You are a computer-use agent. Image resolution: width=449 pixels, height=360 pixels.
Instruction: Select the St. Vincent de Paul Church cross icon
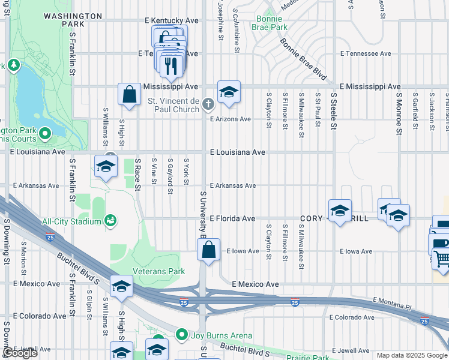[208, 105]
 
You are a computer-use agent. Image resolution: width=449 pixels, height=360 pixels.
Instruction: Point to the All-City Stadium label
[71, 221]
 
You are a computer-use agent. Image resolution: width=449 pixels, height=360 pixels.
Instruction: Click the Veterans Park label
[160, 271]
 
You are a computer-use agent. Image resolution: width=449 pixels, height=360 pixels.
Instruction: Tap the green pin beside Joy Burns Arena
[182, 335]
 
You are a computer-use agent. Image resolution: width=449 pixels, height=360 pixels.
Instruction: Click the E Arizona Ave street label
[230, 119]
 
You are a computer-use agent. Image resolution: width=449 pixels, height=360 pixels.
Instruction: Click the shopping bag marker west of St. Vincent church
[129, 95]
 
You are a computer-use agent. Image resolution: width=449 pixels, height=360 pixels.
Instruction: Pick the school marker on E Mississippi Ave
[229, 92]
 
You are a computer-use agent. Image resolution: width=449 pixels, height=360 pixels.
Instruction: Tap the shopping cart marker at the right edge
[442, 257]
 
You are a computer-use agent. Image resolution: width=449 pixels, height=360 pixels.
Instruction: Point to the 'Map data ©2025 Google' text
[412, 355]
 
